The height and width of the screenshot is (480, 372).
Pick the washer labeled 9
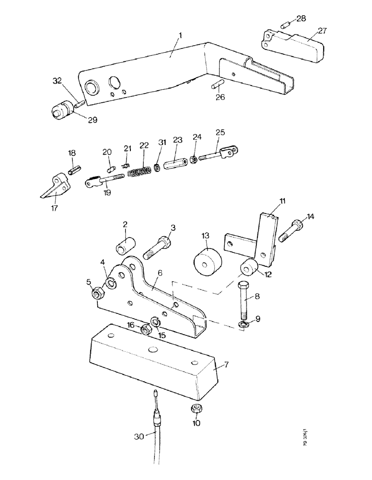coord(245,325)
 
